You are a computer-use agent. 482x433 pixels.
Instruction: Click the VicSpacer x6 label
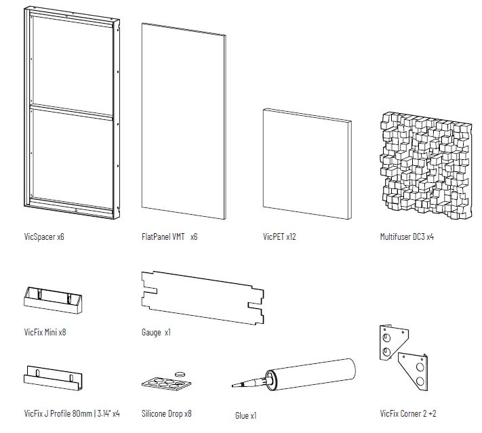[x=44, y=236]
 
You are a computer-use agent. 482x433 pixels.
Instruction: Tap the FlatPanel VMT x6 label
[x=169, y=236]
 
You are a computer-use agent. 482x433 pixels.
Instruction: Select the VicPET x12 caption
[x=279, y=236]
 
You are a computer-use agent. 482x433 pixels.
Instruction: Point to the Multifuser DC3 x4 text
[x=407, y=236]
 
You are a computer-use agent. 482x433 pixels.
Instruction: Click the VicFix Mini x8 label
[x=45, y=332]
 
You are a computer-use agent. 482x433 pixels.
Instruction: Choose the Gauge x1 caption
[x=156, y=332]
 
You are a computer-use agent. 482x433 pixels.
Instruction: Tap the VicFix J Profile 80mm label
[x=58, y=413]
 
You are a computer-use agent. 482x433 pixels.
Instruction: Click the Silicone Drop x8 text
[x=166, y=413]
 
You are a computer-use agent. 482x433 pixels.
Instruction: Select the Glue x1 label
[x=245, y=415]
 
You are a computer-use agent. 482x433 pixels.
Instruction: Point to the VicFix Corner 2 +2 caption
[x=408, y=413]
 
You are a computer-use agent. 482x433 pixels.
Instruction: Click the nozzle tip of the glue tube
[x=233, y=386]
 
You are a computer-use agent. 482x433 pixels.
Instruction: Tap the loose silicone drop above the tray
[x=180, y=374]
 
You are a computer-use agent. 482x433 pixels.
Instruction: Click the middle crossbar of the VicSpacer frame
[x=72, y=111]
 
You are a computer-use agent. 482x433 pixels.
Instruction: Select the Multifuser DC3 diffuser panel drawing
[x=426, y=166]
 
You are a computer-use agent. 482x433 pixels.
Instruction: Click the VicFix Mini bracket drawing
[x=53, y=300]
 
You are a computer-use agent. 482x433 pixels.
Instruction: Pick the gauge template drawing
[x=203, y=297]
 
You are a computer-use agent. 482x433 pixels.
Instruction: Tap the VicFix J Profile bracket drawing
[x=53, y=378]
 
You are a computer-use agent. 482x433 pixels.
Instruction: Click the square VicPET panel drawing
[x=307, y=163]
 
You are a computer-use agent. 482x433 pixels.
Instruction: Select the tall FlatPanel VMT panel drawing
[x=184, y=121]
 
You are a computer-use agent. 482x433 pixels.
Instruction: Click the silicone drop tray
[x=166, y=384]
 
